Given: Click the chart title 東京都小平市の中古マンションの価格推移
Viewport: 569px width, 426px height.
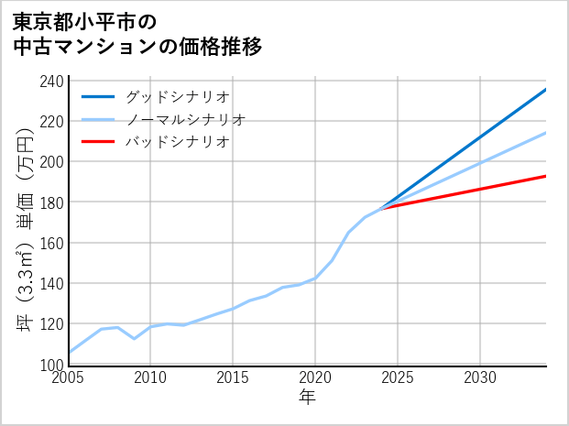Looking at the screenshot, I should point(137,34).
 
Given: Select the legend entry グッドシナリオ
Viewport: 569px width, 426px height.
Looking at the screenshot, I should point(177,96).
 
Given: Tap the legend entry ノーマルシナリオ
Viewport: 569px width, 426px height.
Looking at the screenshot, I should point(185,119).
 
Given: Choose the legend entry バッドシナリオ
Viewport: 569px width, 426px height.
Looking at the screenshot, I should point(177,142).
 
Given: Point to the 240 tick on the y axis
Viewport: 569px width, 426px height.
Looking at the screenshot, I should point(52,81).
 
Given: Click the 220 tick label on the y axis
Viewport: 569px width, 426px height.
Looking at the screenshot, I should point(52,121).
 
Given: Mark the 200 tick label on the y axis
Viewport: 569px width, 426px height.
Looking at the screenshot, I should point(52,162).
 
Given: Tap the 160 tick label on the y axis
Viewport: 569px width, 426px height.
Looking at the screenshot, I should point(52,243).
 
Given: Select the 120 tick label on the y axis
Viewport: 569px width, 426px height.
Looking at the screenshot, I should point(52,324).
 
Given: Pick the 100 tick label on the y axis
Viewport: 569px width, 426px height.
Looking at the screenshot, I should point(52,365).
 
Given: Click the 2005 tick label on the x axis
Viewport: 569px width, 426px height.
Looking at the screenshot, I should point(69,377).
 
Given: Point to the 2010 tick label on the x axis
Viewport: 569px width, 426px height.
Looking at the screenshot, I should point(150,377).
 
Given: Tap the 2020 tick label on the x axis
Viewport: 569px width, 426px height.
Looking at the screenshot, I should point(315,377).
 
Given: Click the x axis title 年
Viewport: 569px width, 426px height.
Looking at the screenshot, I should point(308,398).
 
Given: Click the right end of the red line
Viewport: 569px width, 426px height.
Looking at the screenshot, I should point(545,176).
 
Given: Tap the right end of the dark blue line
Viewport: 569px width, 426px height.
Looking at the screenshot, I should point(545,90).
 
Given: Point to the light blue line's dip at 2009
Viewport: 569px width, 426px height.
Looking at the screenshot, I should point(135,338).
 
